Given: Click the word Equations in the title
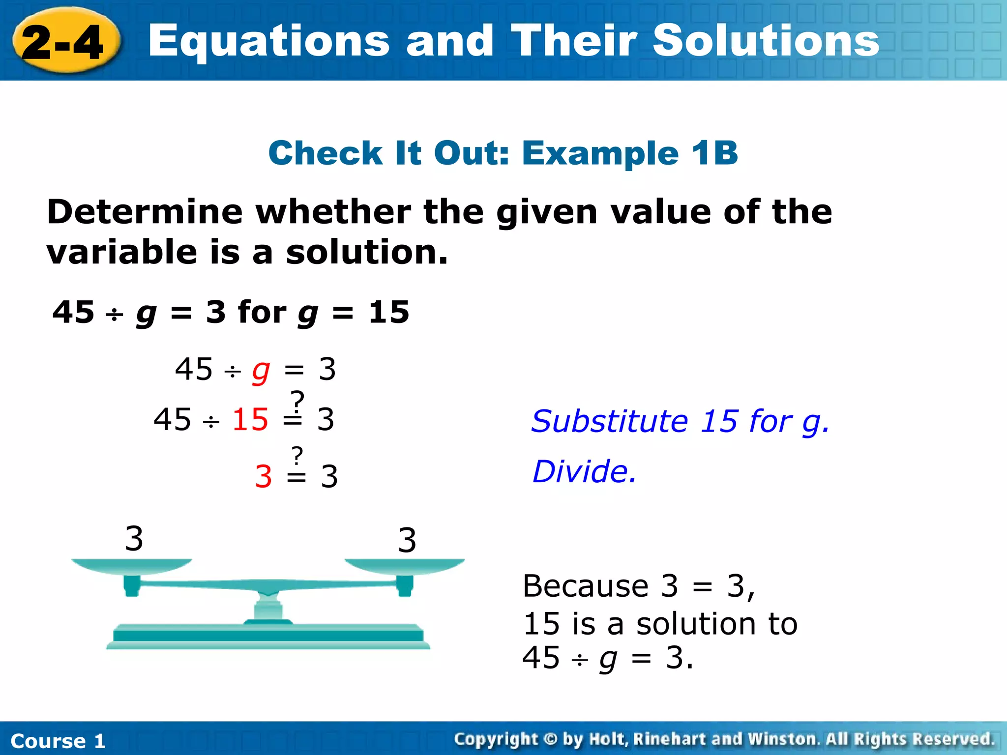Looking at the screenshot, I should coord(269,41).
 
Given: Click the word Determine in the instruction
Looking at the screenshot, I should coord(145,212).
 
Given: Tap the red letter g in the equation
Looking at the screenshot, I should coord(261,371).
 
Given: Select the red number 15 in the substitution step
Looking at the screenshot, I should coord(250,419).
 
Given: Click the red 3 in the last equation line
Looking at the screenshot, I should coord(264,476).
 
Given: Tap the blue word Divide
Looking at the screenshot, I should coord(584,471).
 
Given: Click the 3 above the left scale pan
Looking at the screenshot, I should coord(134,538).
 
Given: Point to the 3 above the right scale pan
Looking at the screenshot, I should coord(407,540).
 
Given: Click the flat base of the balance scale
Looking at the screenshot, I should coord(268,636).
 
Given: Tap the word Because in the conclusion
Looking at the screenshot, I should coord(585,586).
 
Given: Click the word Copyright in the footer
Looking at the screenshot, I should coord(496,739).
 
